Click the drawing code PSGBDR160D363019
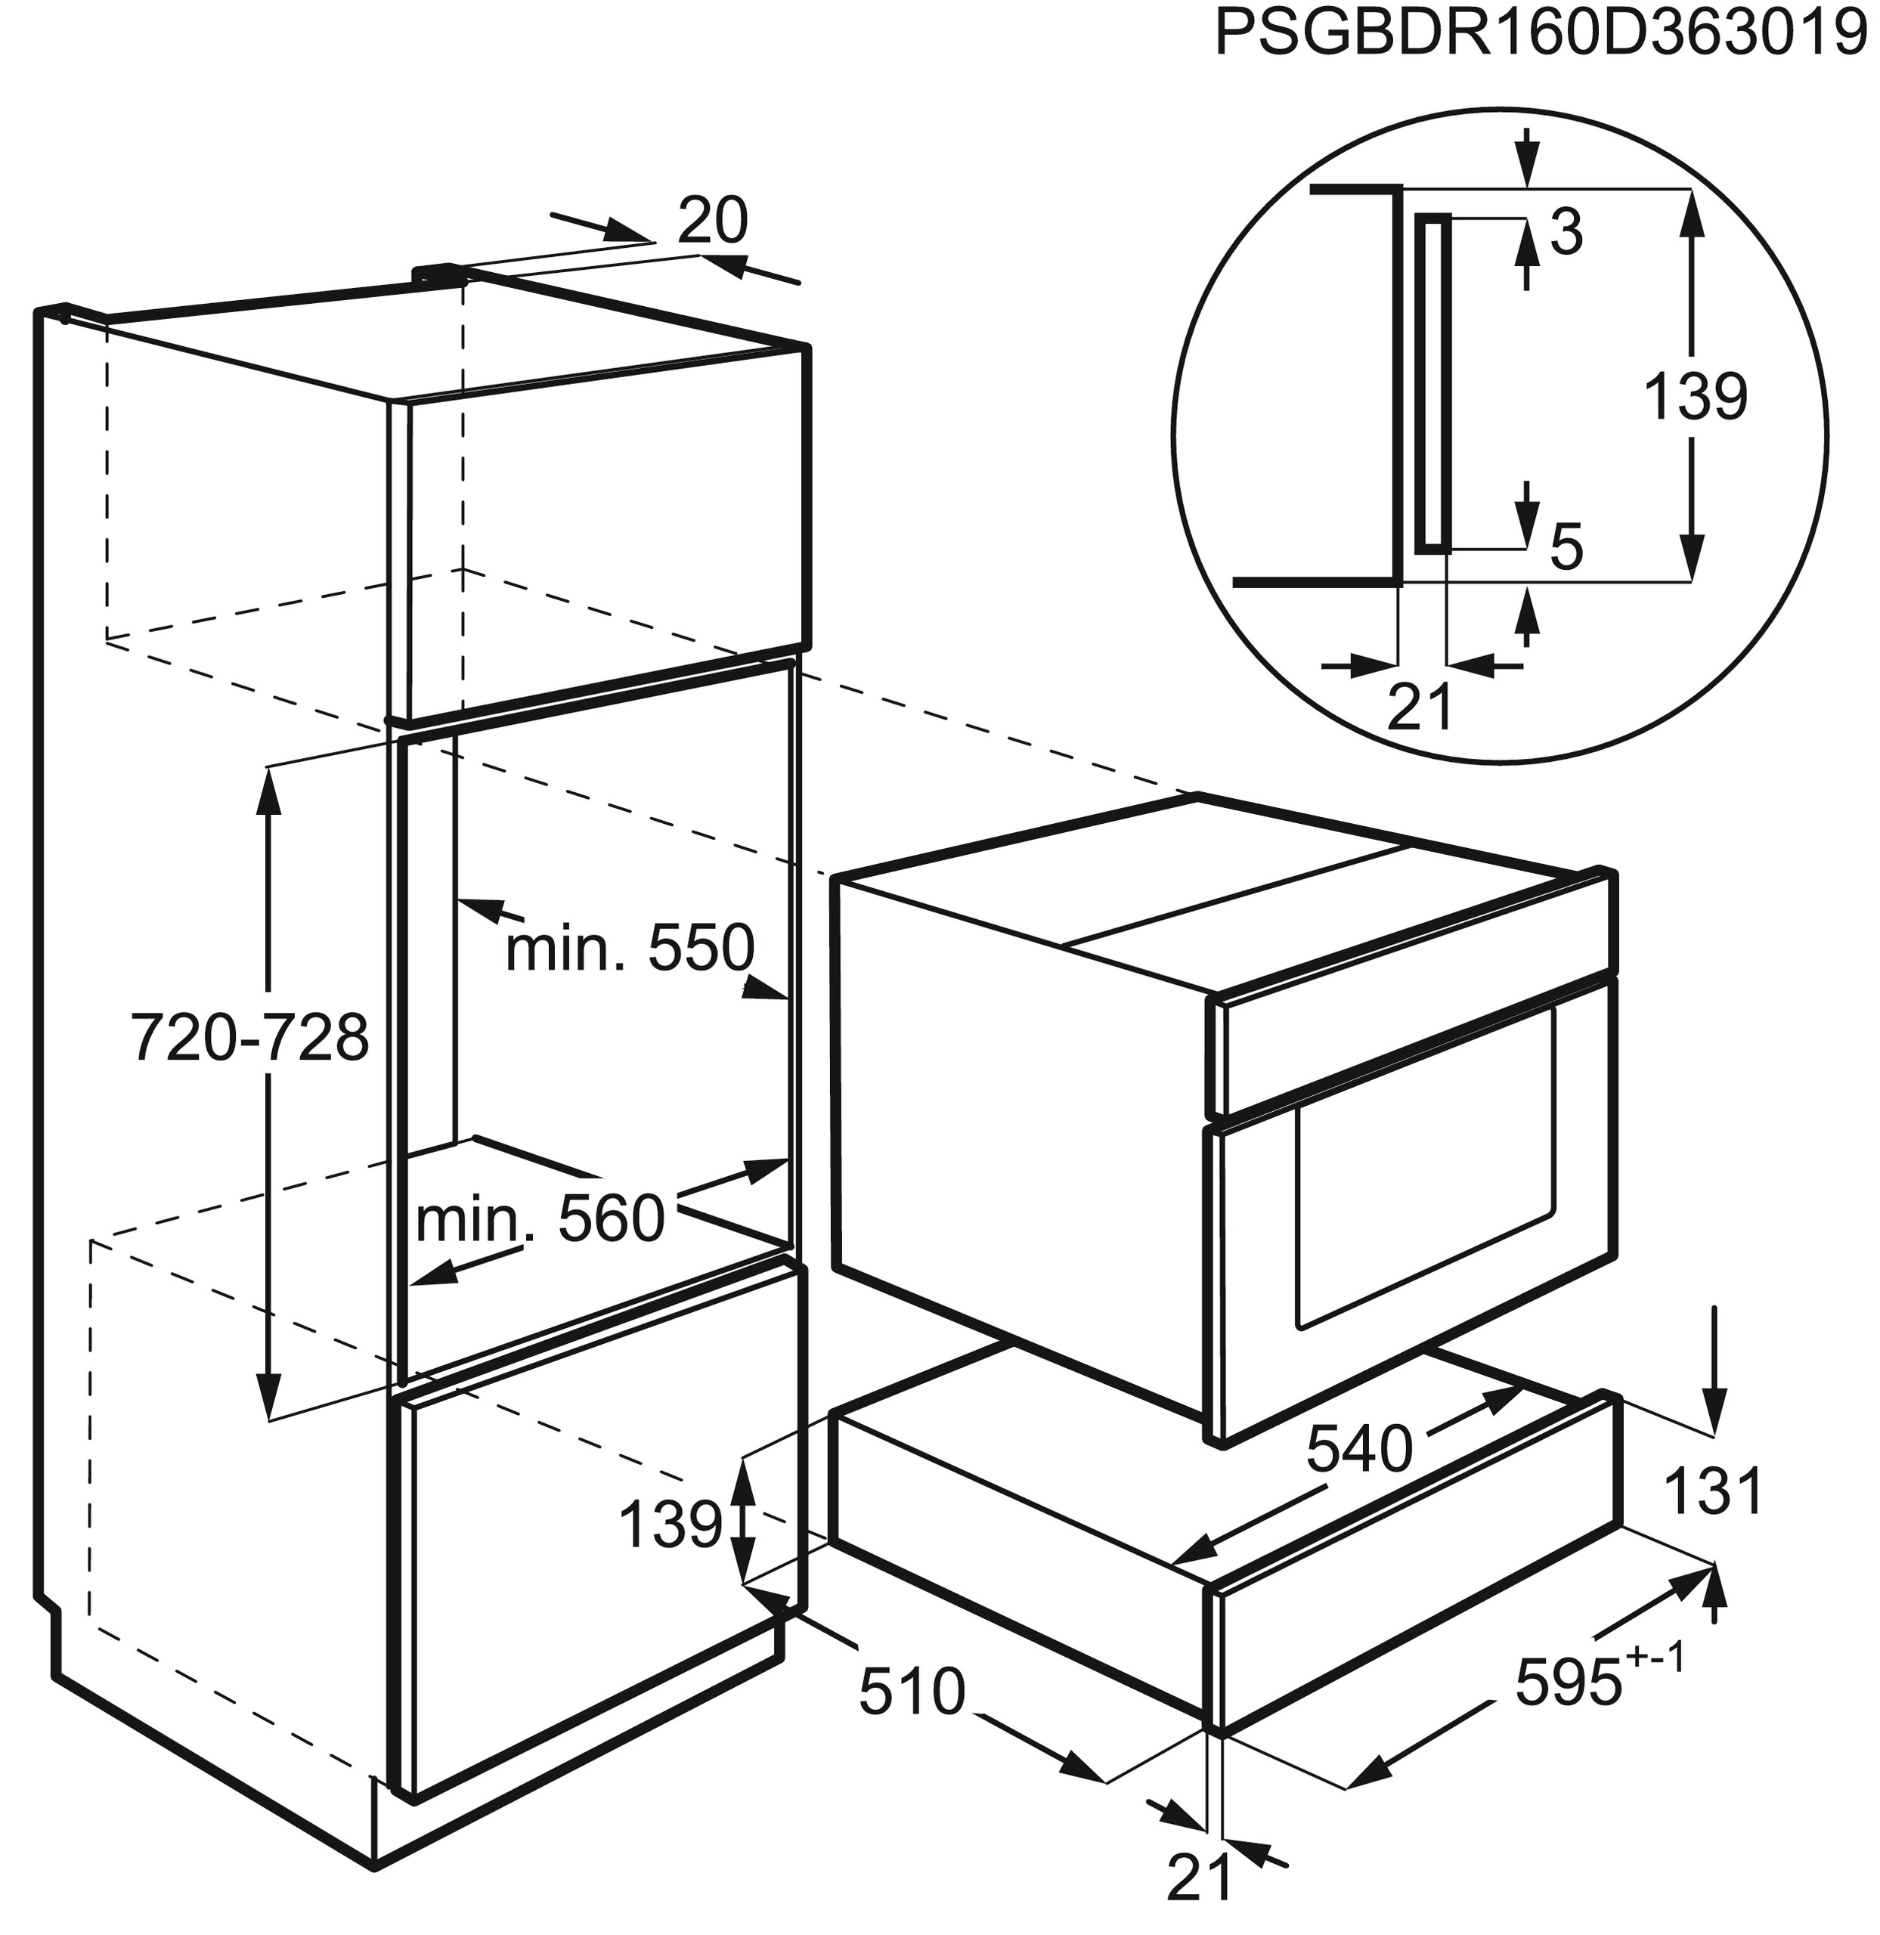click(x=1545, y=36)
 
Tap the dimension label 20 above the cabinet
click(x=713, y=221)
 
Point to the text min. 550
click(x=629, y=948)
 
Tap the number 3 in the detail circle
click(x=1566, y=234)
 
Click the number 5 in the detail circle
click(x=1567, y=548)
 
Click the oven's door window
click(x=1426, y=1165)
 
